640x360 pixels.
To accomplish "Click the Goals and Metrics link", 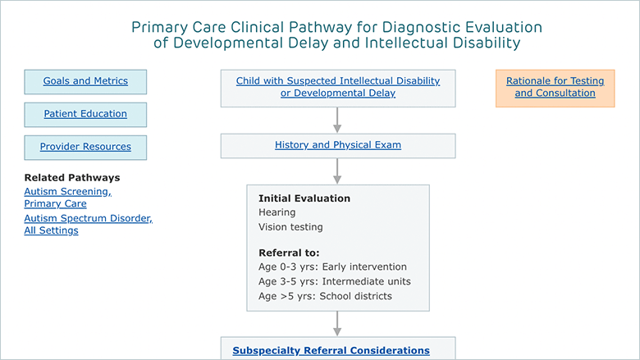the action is (85, 80).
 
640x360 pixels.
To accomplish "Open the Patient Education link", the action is (85, 114).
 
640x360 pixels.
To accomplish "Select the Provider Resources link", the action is (85, 146).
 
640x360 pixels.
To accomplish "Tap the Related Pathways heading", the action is (72, 178).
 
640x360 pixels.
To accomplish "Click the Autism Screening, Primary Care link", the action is (68, 198).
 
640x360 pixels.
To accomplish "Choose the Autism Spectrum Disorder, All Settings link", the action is (88, 224).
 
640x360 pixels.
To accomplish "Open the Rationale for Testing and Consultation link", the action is (555, 87).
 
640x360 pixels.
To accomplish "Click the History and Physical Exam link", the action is (338, 144).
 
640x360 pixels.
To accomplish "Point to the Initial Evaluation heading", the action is (304, 198).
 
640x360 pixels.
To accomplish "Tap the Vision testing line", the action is (290, 227).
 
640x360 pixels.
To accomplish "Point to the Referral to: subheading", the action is (289, 253).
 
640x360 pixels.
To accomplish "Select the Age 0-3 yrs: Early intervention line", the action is (332, 267).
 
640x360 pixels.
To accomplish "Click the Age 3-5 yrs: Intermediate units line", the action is (335, 281).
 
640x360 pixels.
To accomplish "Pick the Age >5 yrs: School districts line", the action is (325, 296).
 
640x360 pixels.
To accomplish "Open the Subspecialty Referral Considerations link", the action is (331, 351).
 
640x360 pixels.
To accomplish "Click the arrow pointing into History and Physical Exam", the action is (337, 120).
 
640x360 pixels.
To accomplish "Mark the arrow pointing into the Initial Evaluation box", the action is (337, 171).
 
